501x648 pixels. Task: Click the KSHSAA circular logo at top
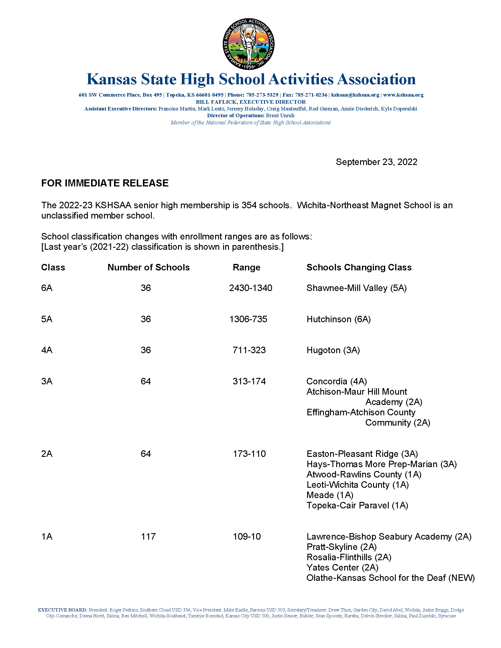pos(249,44)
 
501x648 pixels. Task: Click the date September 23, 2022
pos(376,162)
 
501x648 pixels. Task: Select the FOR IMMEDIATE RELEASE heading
pos(105,183)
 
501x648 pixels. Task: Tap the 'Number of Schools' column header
pos(149,267)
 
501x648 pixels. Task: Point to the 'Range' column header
pos(246,267)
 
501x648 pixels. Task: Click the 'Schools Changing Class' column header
pos(359,267)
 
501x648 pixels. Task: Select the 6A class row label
pos(47,288)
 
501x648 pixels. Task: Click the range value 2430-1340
pos(250,288)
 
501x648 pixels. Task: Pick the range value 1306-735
pos(248,319)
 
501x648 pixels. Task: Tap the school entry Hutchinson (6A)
pos(338,319)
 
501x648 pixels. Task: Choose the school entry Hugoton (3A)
pos(333,350)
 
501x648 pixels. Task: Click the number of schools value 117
pos(148,536)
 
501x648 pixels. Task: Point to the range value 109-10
pos(247,536)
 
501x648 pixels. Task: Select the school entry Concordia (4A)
pos(337,381)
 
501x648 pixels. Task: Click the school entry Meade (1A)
pos(330,495)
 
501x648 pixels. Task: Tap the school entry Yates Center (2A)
pos(342,568)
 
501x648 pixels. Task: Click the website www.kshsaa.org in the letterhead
pos(403,95)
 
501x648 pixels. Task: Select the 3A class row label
pos(47,381)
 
